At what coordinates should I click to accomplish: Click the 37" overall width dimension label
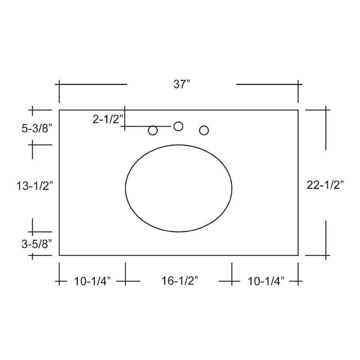182,84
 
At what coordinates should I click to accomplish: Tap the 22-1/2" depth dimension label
325,185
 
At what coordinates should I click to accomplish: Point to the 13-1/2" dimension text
35,186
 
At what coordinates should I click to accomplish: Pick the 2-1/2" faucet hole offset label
108,119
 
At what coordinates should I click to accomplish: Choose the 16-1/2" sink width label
180,280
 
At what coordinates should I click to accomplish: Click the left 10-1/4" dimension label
92,281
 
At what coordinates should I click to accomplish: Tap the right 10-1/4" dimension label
266,281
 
